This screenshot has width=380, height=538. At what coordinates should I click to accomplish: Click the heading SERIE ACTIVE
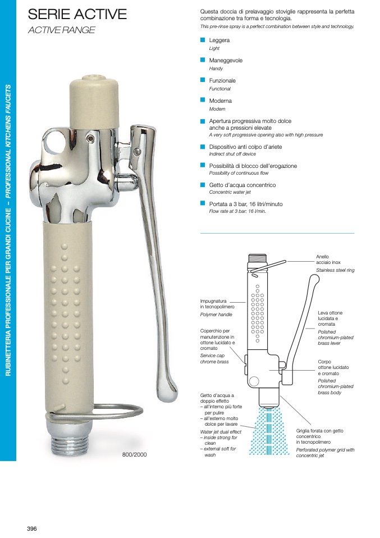point(77,14)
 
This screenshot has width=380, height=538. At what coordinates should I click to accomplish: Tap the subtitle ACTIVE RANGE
point(61,30)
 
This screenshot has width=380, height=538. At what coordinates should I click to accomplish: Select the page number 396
point(32,529)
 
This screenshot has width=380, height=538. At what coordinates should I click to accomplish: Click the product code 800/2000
point(135,455)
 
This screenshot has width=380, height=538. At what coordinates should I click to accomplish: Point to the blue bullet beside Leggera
point(203,40)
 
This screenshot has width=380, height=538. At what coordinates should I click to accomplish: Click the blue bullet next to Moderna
point(203,100)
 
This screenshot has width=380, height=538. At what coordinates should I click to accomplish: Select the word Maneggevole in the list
point(226,61)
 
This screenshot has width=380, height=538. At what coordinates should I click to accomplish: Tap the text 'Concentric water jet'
point(230,192)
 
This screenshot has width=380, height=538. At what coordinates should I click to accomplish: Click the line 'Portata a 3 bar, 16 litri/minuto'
point(246,204)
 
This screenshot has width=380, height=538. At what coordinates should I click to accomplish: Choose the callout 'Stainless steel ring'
point(335,270)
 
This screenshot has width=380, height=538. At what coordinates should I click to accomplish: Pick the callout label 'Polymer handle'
point(216,314)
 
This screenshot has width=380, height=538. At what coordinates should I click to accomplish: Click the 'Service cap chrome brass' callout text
point(214,358)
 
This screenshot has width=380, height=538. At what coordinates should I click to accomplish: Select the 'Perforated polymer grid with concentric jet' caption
point(325,453)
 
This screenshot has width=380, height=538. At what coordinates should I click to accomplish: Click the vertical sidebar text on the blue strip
point(8,230)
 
